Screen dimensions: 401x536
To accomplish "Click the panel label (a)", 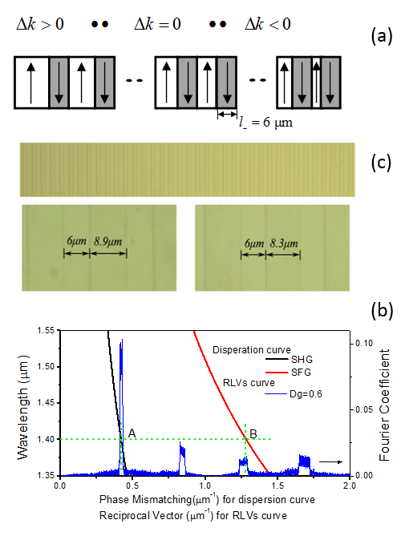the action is pyautogui.click(x=382, y=35).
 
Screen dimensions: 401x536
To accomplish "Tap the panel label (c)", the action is pyautogui.click(x=381, y=163).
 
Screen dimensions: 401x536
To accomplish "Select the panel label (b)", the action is pyautogui.click(x=382, y=310).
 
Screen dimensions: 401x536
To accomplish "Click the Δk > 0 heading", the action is pyautogui.click(x=40, y=24).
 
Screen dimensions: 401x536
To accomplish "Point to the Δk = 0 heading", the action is pyautogui.click(x=157, y=24).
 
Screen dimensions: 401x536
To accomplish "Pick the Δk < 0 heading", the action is pyautogui.click(x=268, y=24).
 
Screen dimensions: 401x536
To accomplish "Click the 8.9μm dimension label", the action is pyautogui.click(x=108, y=242).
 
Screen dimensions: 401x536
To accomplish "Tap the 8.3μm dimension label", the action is pyautogui.click(x=284, y=244).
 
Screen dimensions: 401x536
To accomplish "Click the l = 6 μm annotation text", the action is pyautogui.click(x=265, y=123).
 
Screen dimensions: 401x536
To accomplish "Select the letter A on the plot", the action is pyautogui.click(x=132, y=433).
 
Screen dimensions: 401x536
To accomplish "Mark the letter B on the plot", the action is pyautogui.click(x=253, y=433).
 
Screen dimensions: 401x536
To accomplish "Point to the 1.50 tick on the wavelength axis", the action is pyautogui.click(x=46, y=366).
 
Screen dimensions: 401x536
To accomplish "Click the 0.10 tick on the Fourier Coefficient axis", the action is pyautogui.click(x=364, y=343).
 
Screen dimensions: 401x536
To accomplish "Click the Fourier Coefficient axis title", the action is pyautogui.click(x=385, y=405).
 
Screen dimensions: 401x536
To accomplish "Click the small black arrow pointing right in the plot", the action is pyautogui.click(x=330, y=462).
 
